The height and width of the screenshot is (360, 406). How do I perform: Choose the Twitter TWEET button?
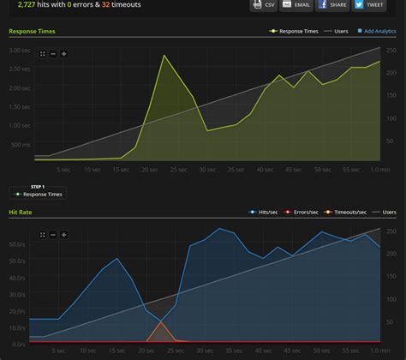coord(369,4)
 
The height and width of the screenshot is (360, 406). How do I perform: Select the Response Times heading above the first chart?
coord(33,31)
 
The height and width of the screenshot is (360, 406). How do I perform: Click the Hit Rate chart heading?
coord(21,211)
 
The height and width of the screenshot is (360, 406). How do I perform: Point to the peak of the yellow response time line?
coord(164,56)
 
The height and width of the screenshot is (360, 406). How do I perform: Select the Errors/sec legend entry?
coord(303,211)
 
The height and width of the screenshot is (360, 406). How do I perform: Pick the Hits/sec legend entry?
coord(264,211)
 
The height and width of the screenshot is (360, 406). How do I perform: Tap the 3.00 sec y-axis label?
coord(18,50)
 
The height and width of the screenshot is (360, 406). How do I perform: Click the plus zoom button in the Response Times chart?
coord(63,54)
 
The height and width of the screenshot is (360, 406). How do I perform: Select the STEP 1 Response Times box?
coord(38,191)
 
